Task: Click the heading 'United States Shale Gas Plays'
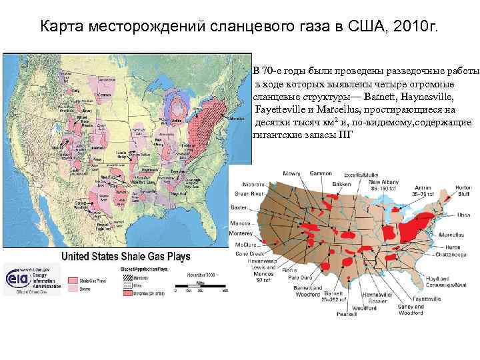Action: click(126, 256)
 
